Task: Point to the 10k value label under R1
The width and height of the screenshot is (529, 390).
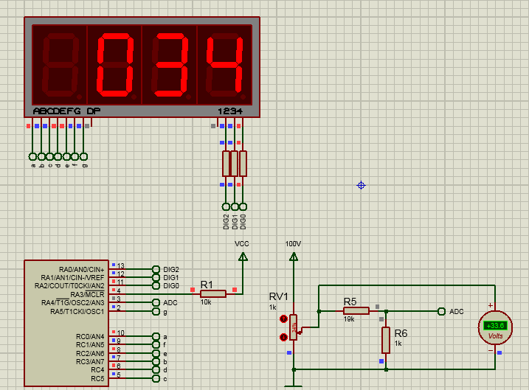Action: pos(207,302)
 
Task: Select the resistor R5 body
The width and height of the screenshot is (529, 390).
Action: pos(356,310)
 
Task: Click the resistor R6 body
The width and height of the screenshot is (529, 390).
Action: pos(385,340)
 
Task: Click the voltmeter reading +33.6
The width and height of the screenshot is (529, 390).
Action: pos(495,325)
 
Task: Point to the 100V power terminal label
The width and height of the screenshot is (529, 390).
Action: pos(294,243)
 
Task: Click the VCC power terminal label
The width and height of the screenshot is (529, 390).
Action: pos(242,243)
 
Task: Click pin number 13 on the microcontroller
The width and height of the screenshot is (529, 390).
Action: pos(120,266)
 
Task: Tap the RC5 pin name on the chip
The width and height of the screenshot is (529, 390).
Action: pos(97,379)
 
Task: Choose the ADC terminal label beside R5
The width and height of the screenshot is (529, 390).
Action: pos(457,311)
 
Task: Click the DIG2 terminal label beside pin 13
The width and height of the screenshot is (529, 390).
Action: pos(171,269)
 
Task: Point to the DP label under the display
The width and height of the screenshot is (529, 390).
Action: pos(94,111)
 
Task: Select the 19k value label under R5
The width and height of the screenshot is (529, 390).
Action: pos(349,320)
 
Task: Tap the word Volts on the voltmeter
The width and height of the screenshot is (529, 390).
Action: pos(495,335)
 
